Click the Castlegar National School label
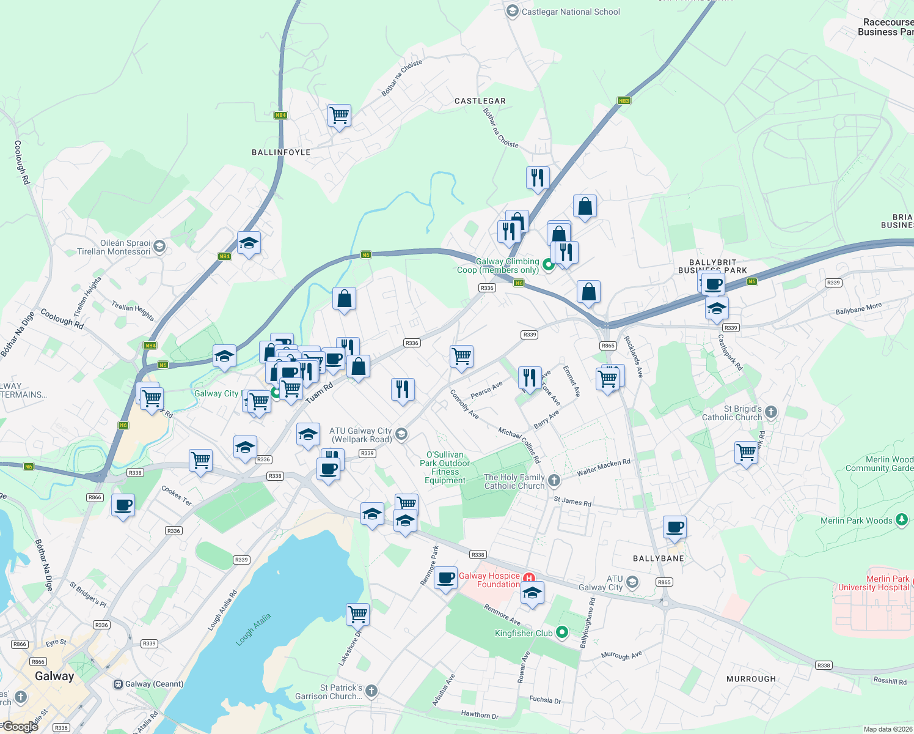point(571,12)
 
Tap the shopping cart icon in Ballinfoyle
point(339,115)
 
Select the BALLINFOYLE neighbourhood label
point(281,152)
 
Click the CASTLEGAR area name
point(480,101)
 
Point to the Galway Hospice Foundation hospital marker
point(529,577)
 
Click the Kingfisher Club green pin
point(562,632)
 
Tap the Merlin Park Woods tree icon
point(902,520)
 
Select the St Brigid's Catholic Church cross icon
point(771,412)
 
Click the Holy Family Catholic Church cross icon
point(554,481)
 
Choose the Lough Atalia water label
point(253,629)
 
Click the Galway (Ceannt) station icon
point(118,684)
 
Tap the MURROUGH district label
point(751,679)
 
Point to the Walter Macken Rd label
point(604,468)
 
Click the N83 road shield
point(623,101)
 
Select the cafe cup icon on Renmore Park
point(446,577)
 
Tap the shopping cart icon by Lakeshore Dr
point(357,614)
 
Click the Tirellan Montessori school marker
point(159,247)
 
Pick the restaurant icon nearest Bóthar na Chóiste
point(538,178)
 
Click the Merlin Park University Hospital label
point(874,583)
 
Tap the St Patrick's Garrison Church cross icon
point(371,691)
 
